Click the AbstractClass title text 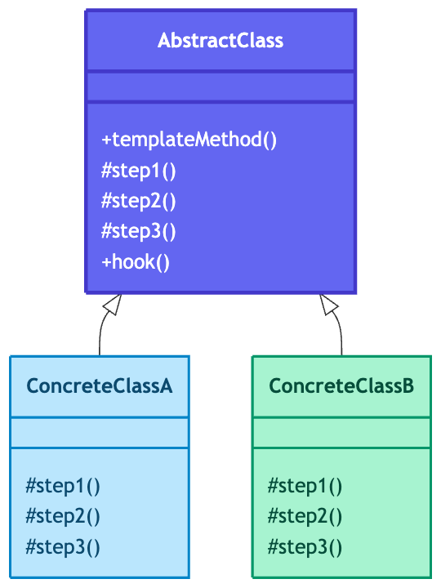220,40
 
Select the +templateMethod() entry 189,140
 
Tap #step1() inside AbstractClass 138,171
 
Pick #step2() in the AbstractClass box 138,201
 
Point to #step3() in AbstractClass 138,231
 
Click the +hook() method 136,262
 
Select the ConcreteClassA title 100,385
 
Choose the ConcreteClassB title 341,385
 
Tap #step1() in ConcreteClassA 63,486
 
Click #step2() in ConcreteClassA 63,516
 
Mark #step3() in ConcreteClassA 63,547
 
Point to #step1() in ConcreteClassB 305,486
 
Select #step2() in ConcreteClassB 305,516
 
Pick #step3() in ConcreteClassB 305,547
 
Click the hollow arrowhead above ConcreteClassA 114,304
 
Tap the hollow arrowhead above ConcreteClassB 328,304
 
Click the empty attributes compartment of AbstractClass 220,87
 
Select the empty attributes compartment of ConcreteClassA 100,433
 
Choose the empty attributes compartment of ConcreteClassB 341,433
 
